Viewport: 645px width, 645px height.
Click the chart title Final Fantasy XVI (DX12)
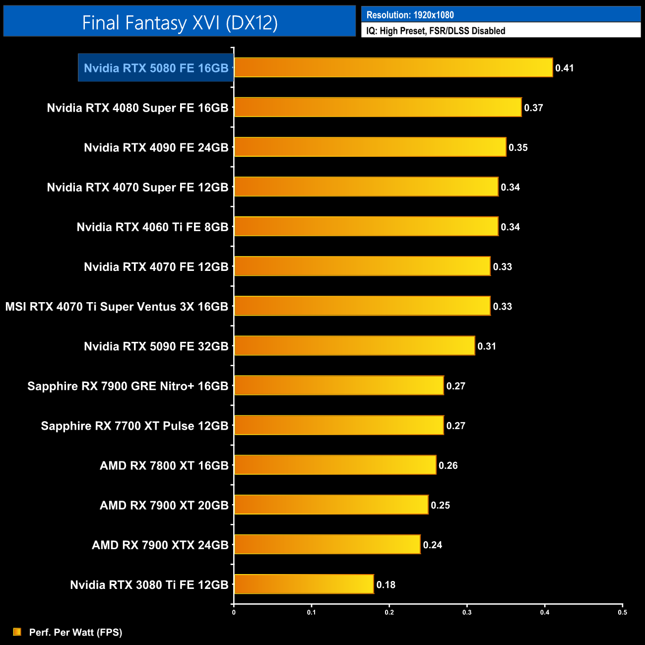180,23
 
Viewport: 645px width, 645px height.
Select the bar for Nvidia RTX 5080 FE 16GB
393,67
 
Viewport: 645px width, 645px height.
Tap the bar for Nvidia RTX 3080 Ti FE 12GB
304,584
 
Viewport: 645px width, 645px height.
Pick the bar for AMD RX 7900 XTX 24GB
327,544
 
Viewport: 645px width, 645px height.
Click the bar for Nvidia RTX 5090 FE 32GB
354,346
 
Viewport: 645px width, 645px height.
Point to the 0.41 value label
564,68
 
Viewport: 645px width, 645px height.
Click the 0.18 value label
386,584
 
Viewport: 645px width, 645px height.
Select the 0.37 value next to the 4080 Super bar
533,108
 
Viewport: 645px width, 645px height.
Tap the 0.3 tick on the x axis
467,612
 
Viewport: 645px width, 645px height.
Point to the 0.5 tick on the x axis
622,612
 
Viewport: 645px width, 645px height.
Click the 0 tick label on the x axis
234,612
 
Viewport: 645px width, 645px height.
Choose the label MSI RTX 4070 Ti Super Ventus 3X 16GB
117,307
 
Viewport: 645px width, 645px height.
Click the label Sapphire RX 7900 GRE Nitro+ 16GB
128,386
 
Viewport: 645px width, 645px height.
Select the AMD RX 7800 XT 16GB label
164,465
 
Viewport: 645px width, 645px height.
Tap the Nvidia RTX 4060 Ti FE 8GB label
152,227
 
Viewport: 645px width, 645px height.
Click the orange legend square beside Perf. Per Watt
17,632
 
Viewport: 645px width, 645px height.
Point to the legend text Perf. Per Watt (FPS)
75,632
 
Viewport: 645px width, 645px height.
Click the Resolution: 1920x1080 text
410,15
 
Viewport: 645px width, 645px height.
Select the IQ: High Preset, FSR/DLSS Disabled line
436,31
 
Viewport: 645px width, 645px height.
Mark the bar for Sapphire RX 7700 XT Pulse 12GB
339,425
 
